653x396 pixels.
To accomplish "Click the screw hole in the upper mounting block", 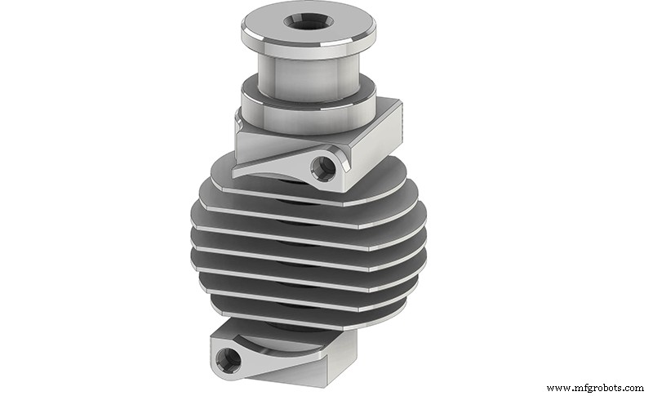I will (x=327, y=166).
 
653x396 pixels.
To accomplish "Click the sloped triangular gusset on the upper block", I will (x=269, y=161).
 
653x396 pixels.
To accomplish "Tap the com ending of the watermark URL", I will (x=632, y=387).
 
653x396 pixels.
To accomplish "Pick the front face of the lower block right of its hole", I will (x=286, y=367).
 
